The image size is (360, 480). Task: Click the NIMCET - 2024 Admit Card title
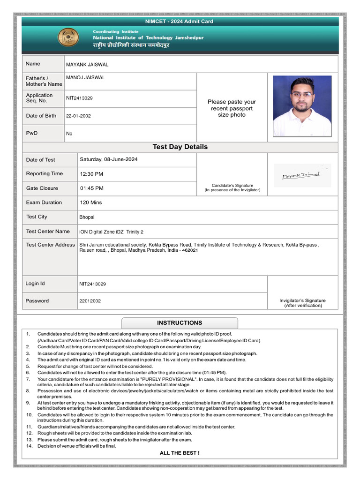pyautogui.click(x=180, y=22)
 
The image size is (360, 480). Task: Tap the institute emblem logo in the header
pyautogui.click(x=68, y=37)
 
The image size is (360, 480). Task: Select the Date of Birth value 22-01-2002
pyautogui.click(x=78, y=116)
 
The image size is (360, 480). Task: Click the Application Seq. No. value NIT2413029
pyautogui.click(x=79, y=98)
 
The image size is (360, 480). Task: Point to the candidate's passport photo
pyautogui.click(x=302, y=106)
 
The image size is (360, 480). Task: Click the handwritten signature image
pyautogui.click(x=302, y=175)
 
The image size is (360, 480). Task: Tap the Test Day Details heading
pyautogui.click(x=180, y=147)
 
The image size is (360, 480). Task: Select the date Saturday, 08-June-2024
pyautogui.click(x=109, y=159)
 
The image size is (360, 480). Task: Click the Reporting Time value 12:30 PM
pyautogui.click(x=91, y=174)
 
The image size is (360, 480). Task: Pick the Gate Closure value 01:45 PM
pyautogui.click(x=91, y=188)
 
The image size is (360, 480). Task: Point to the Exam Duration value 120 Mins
pyautogui.click(x=90, y=202)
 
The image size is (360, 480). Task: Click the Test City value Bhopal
pyautogui.click(x=87, y=217)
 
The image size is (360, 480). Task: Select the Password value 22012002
pyautogui.click(x=90, y=301)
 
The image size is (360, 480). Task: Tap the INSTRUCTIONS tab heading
pyautogui.click(x=180, y=322)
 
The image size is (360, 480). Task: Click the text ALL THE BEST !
pyautogui.click(x=180, y=453)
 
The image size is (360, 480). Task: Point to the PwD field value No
pyautogui.click(x=69, y=134)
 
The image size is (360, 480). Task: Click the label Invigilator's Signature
pyautogui.click(x=302, y=300)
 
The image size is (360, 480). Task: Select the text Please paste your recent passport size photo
pyautogui.click(x=232, y=108)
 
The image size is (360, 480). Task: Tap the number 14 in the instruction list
pyautogui.click(x=29, y=446)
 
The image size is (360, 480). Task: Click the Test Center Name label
pyautogui.click(x=48, y=231)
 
